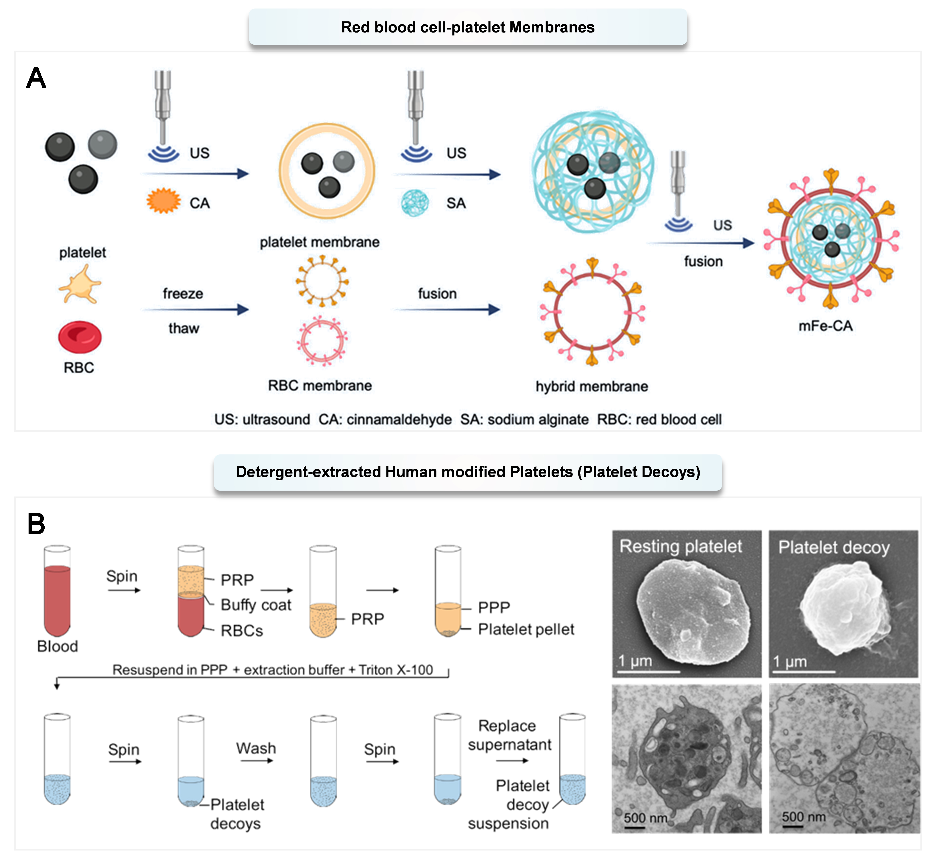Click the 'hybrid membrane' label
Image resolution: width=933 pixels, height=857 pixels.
coord(592,386)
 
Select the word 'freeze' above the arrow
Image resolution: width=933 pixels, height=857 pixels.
coord(183,294)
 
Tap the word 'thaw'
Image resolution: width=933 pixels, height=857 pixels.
coord(184,328)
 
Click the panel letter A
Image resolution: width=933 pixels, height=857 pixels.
coord(36,78)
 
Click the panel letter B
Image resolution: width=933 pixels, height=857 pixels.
coord(36,524)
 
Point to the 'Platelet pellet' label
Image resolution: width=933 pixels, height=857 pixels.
coord(526,629)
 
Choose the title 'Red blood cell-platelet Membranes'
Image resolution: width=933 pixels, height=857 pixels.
coord(467,27)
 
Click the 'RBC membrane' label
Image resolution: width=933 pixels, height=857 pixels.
coord(320,385)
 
